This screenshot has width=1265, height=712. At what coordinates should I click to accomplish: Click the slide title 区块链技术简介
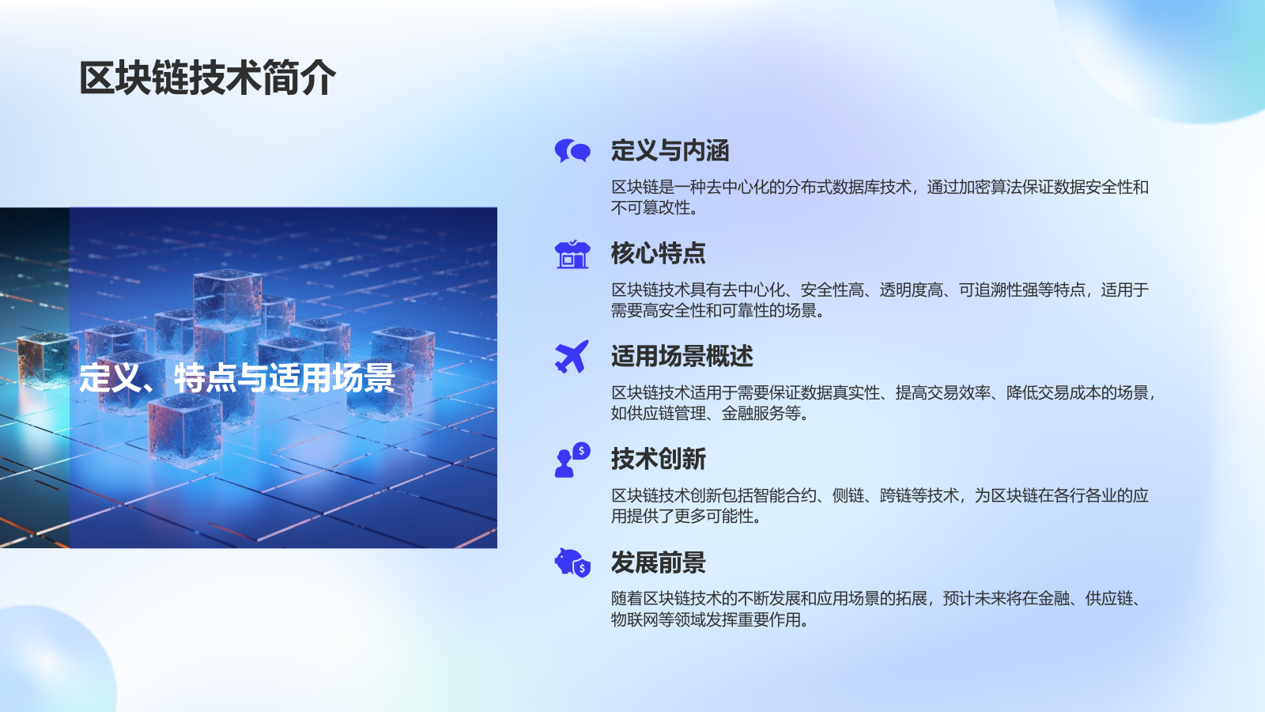point(207,78)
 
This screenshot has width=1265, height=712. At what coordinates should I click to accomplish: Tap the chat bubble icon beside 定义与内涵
point(572,150)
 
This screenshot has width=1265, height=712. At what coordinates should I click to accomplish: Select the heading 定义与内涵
point(669,150)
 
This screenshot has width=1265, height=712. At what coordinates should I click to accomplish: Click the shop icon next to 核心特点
point(572,254)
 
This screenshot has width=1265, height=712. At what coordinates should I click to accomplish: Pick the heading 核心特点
point(658,253)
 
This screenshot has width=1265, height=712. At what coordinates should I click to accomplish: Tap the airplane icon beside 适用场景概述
point(572,356)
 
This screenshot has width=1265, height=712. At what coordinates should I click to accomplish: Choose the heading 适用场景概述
point(682,356)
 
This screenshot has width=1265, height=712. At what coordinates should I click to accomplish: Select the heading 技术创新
point(658,459)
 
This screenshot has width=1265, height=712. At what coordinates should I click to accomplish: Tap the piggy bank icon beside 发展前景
point(572,562)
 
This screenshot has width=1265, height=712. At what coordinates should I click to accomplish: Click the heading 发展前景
point(658,562)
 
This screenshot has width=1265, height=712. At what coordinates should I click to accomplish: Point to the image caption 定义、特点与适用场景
point(236,378)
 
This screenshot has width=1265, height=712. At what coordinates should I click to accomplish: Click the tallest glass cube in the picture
point(227,301)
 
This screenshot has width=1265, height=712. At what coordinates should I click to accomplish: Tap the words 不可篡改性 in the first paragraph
point(650,208)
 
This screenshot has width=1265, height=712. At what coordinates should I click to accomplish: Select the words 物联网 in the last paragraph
point(634,620)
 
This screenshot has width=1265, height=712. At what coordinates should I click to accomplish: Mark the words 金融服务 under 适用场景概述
point(753,414)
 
